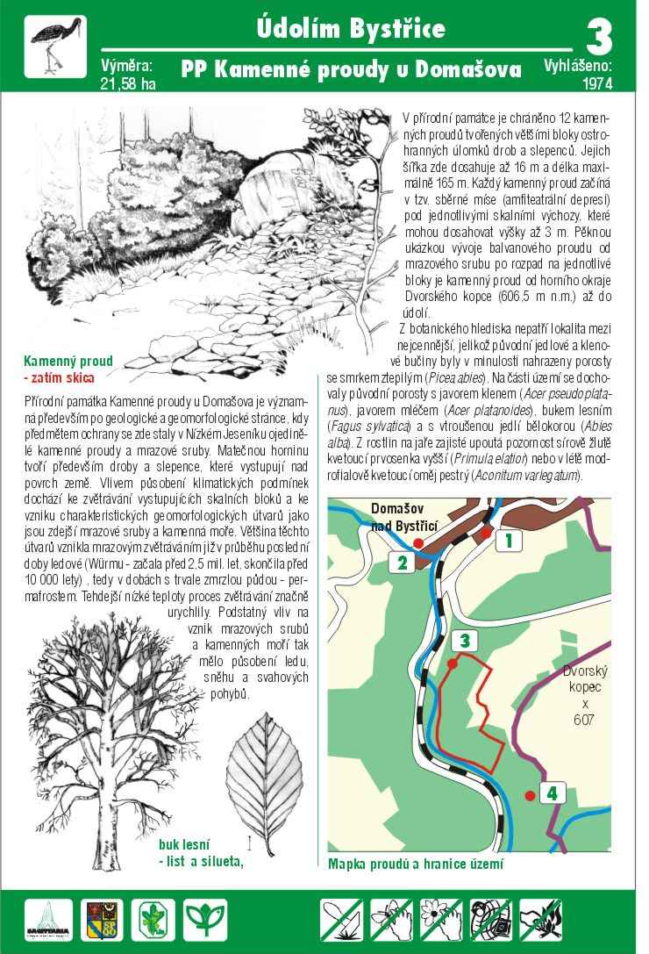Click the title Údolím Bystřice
351,29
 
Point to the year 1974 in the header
596,84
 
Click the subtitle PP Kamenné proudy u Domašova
351,68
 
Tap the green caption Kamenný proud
68,361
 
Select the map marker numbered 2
402,563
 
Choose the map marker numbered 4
551,793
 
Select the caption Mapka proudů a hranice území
416,864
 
